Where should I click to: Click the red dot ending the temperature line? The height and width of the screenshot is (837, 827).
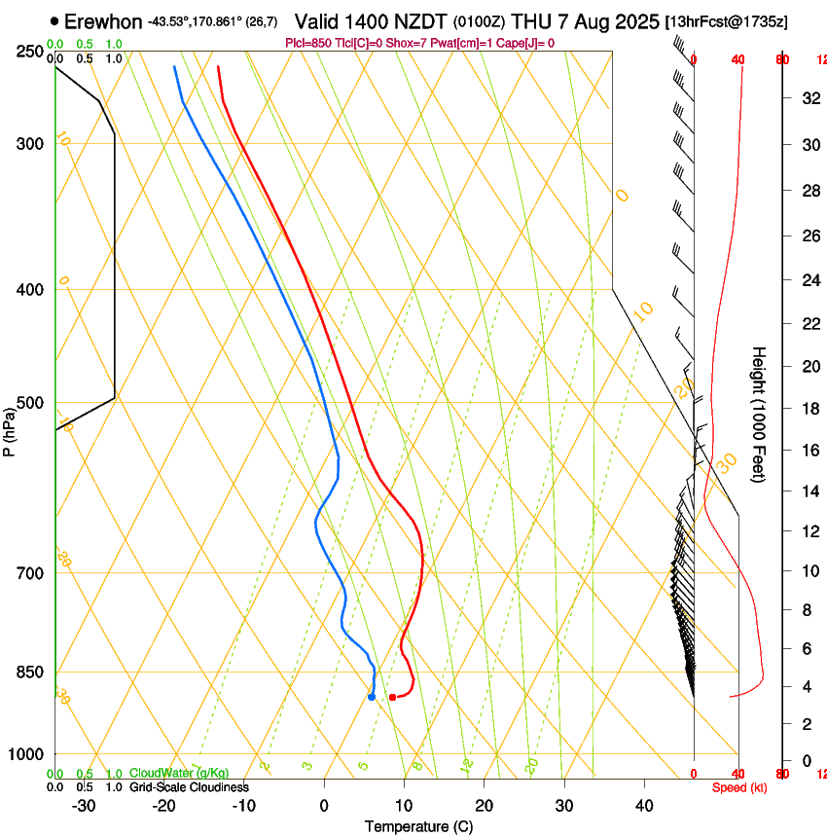(392, 697)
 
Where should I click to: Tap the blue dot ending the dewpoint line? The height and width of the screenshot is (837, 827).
(372, 696)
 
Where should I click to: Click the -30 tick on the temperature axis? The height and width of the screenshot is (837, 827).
(84, 806)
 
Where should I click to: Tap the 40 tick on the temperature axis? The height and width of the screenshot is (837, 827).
(644, 806)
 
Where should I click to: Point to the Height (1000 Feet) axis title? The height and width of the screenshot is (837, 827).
(759, 414)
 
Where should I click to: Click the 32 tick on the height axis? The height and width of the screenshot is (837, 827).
(807, 98)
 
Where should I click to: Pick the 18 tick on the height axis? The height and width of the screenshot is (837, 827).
(807, 409)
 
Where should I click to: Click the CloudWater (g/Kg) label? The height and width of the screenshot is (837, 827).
(179, 773)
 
